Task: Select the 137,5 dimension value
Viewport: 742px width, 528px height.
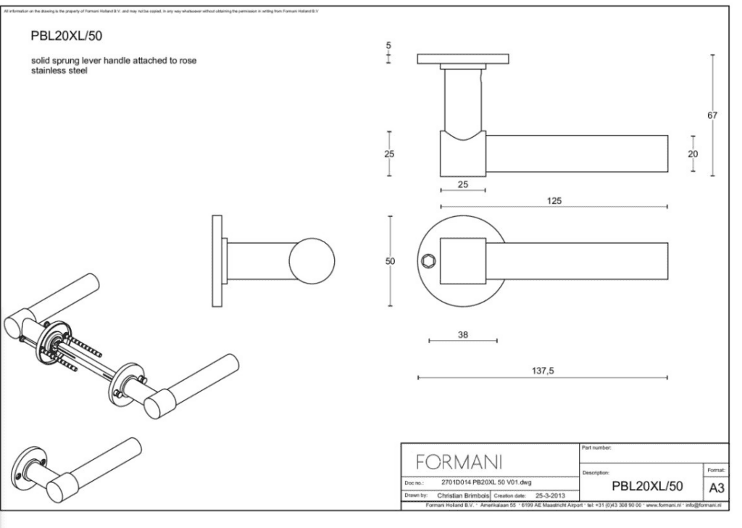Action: pyautogui.click(x=543, y=370)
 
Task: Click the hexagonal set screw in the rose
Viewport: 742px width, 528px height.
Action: pyautogui.click(x=425, y=261)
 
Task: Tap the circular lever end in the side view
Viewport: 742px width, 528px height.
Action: pyautogui.click(x=312, y=261)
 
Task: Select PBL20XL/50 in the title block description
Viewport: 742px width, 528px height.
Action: pyautogui.click(x=647, y=485)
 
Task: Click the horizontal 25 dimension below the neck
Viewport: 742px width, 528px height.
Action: pyautogui.click(x=463, y=183)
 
